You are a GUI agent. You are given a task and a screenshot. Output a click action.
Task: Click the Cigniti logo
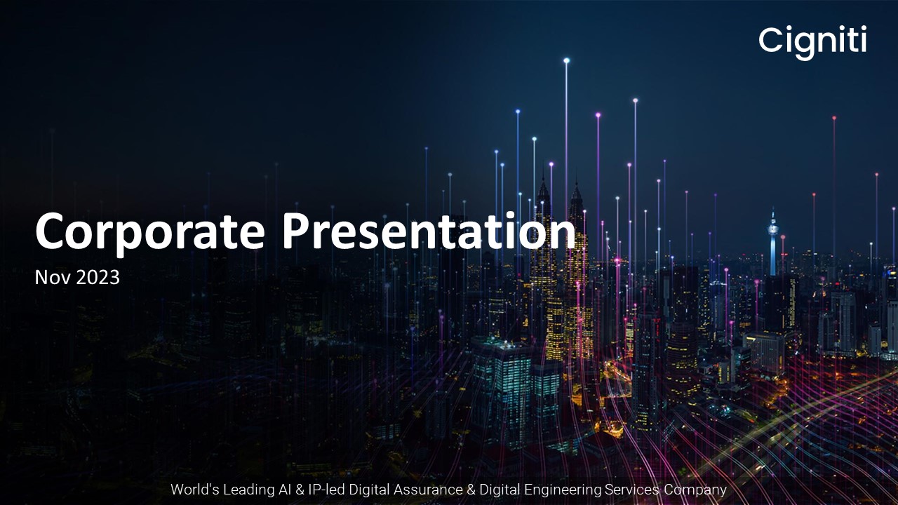coord(812,41)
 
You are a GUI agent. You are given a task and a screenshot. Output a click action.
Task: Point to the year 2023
coord(98,278)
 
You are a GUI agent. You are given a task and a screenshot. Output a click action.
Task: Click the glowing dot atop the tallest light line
coord(566,60)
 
